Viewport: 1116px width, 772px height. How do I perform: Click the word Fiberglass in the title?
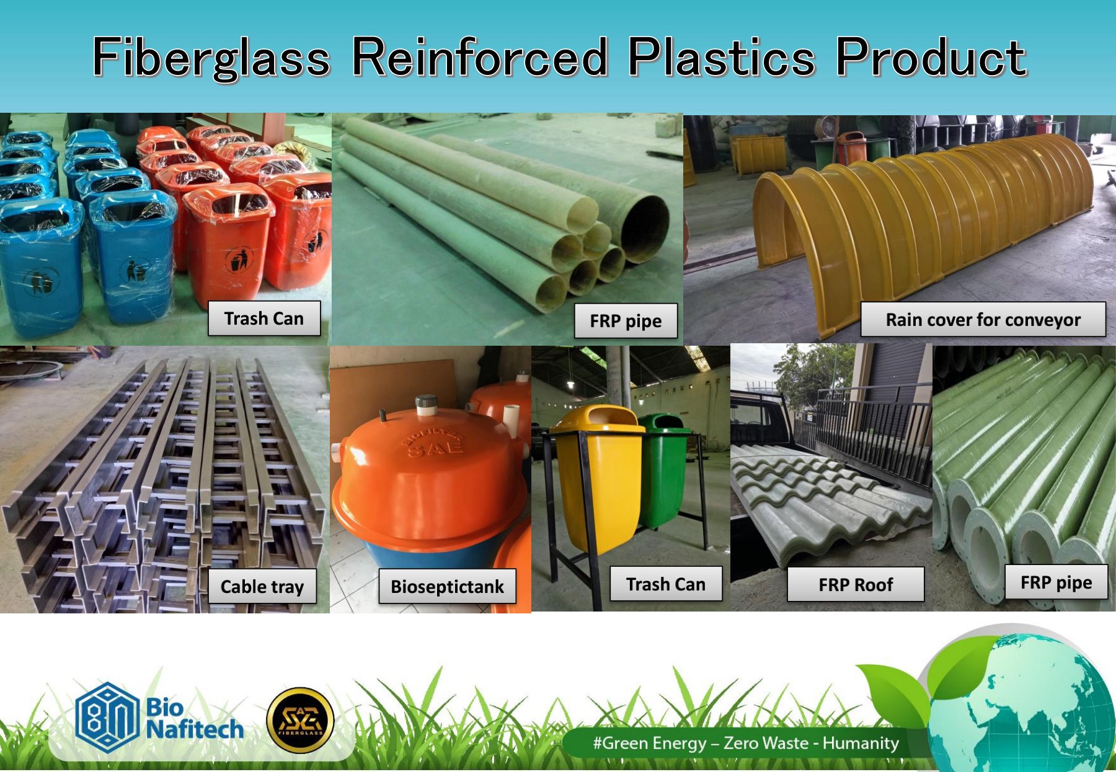click(211, 58)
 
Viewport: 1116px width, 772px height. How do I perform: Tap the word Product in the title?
click(931, 57)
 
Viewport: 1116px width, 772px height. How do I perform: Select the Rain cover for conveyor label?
click(983, 320)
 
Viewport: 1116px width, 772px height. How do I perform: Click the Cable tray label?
click(262, 587)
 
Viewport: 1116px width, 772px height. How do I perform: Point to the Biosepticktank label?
click(447, 586)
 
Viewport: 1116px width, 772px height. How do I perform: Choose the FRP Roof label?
click(856, 584)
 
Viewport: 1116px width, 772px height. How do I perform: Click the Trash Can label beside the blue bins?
click(263, 318)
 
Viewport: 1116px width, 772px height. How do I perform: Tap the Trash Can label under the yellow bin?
click(666, 584)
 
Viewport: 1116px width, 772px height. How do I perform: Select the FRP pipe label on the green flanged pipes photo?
click(1056, 582)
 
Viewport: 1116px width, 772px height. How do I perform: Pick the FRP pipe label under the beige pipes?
click(626, 321)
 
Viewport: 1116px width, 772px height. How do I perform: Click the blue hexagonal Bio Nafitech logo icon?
click(107, 717)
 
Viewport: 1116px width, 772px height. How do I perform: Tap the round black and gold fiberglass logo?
click(300, 721)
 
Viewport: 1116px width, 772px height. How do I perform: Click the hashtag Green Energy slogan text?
click(746, 743)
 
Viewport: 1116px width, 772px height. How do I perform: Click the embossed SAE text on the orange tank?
click(436, 447)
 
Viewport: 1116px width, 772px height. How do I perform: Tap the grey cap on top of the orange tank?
click(427, 405)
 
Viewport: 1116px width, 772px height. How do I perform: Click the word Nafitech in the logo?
click(195, 729)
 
